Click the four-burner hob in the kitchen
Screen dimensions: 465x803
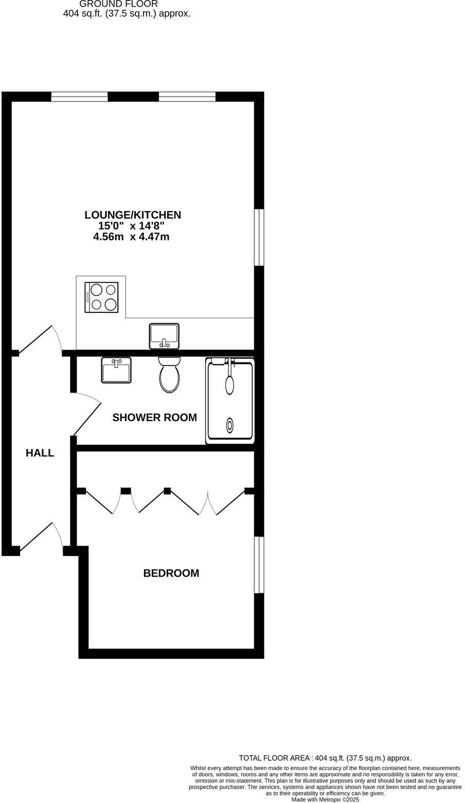pos(102,298)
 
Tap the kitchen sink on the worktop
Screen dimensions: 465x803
pos(164,336)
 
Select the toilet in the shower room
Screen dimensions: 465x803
pos(170,375)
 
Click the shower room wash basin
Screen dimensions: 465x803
pos(116,370)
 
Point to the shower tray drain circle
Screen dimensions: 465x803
pos(229,425)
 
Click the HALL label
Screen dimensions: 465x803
pos(40,453)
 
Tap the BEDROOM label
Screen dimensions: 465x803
pos(171,573)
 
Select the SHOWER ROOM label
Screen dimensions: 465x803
pos(154,417)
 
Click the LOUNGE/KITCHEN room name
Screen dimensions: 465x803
pos(133,215)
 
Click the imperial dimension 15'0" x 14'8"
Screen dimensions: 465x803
pos(132,225)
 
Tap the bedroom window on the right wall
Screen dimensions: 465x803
pos(259,565)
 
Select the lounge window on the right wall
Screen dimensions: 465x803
pos(259,237)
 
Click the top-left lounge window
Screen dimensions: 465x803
pos(79,96)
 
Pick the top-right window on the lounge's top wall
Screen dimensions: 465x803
pos(187,96)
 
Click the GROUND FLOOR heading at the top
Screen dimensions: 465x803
pos(119,4)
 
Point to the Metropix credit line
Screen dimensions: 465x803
pos(325,799)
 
